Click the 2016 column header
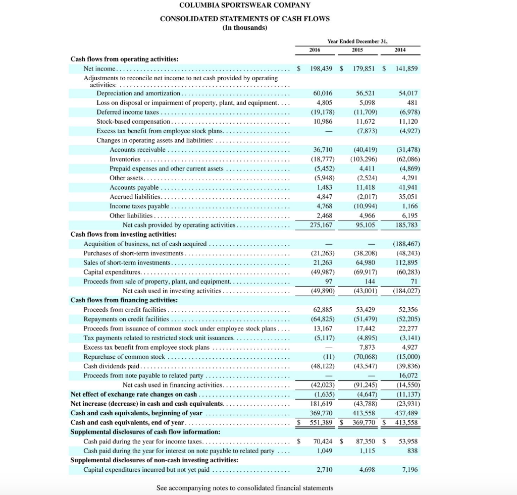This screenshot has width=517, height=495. click(x=315, y=50)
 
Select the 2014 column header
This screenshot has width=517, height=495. click(x=400, y=50)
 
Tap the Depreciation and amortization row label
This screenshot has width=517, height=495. click(x=138, y=93)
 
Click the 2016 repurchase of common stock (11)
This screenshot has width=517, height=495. click(x=326, y=357)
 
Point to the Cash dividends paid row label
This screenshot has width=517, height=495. click(x=112, y=366)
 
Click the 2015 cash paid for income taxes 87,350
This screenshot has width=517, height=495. click(x=364, y=441)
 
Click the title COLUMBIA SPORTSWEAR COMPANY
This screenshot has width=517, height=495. click(x=244, y=6)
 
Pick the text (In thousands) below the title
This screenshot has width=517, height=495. click(x=244, y=28)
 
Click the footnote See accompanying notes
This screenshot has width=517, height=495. click(x=244, y=488)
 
